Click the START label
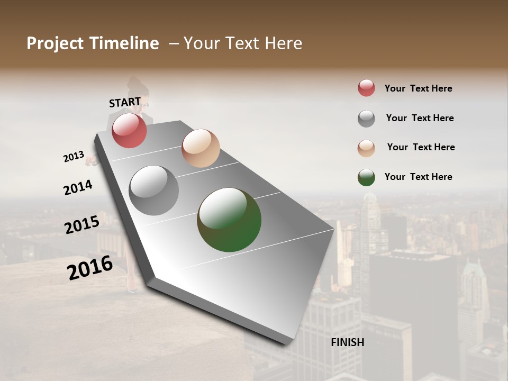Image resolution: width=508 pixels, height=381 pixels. tap(125, 102)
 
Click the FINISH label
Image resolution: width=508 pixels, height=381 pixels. tap(347, 342)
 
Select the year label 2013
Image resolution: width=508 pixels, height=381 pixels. tap(74, 157)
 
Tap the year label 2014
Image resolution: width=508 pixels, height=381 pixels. tap(78, 187)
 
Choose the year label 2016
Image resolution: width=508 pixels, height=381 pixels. tap(90, 268)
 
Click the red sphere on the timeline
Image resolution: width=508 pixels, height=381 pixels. tap(129, 130)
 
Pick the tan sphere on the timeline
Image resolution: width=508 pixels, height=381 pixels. tap(201, 148)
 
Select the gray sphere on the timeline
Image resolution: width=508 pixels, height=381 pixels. tap(153, 190)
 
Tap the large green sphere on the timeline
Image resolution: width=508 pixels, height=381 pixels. tap(229, 220)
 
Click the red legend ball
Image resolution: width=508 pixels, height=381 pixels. tap(366, 88)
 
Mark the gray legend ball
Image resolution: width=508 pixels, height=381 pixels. tap(366, 119)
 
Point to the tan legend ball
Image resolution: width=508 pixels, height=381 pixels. tap(366, 148)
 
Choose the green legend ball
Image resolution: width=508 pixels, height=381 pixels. tap(366, 177)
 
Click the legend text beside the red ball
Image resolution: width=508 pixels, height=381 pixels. tap(418, 88)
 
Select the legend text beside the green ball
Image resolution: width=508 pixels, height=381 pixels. tap(418, 177)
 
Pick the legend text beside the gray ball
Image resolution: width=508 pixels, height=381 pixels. tap(420, 118)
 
